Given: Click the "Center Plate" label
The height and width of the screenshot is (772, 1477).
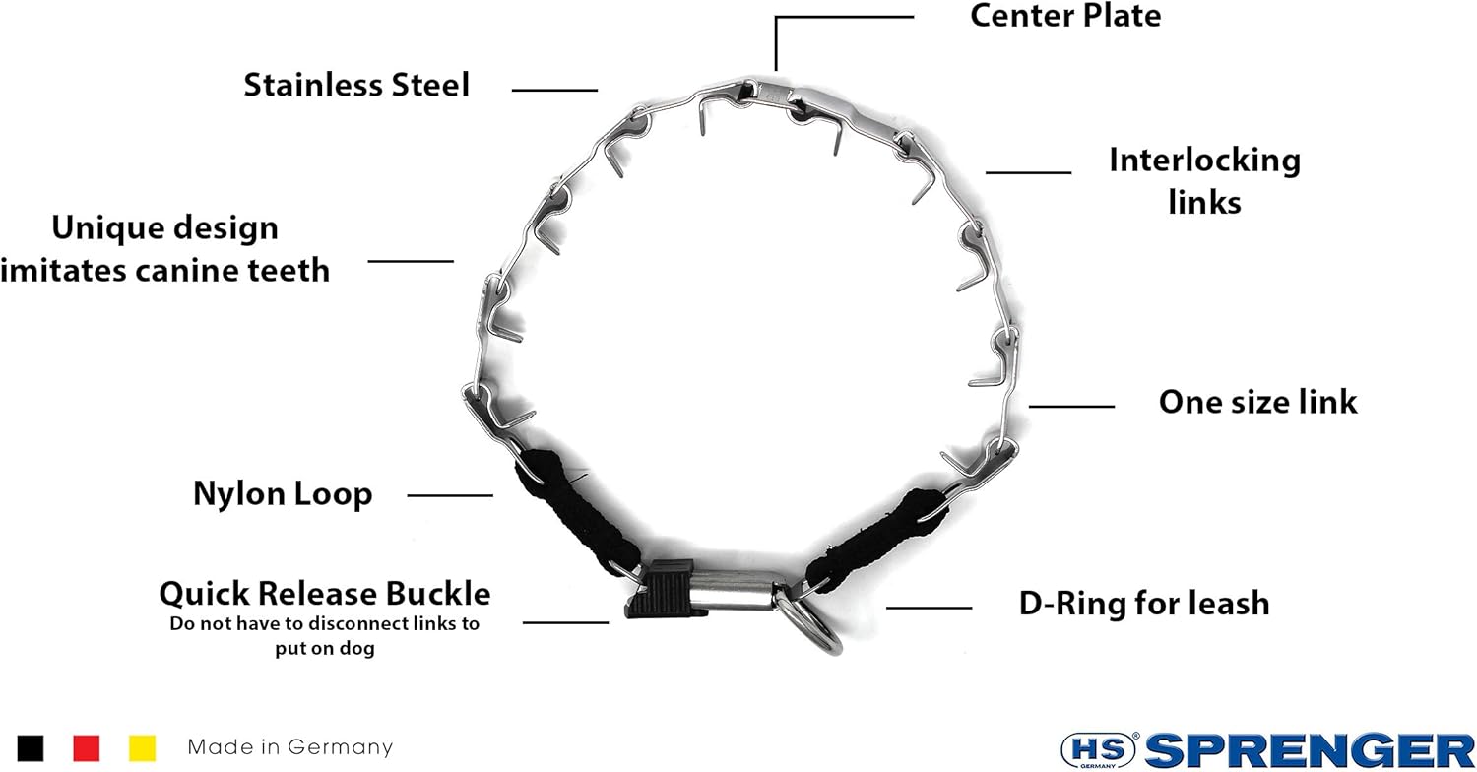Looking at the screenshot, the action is click(1065, 16).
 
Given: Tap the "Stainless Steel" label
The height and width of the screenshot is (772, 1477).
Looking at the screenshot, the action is click(356, 85).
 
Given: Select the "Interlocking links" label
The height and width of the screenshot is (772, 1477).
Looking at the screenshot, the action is click(1204, 180).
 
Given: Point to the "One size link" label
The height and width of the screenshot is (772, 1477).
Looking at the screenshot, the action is click(1257, 402).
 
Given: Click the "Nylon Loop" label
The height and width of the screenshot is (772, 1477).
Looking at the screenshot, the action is click(283, 493).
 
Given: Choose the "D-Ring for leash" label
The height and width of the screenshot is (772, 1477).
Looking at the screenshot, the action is click(1144, 603).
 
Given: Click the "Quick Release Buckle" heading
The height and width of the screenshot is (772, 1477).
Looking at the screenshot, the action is click(325, 594).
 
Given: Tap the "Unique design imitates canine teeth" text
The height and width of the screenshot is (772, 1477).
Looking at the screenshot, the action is click(165, 248).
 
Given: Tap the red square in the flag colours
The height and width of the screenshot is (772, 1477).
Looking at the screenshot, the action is click(87, 747).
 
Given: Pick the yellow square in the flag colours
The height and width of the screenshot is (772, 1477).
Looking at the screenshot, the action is click(143, 747).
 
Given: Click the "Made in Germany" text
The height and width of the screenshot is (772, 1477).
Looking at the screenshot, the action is click(289, 747).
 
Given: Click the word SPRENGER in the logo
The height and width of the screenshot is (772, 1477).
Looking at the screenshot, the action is click(1310, 750).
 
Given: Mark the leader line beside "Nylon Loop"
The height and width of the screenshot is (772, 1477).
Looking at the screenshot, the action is click(449, 495).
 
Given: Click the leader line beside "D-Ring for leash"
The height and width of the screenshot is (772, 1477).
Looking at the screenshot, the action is click(929, 608).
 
